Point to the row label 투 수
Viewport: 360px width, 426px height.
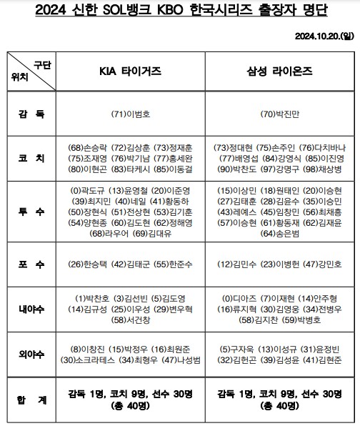click(x=31, y=212)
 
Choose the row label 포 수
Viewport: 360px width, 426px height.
click(x=31, y=264)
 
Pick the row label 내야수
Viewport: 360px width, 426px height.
click(x=31, y=309)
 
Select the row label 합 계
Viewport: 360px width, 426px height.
click(x=31, y=399)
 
